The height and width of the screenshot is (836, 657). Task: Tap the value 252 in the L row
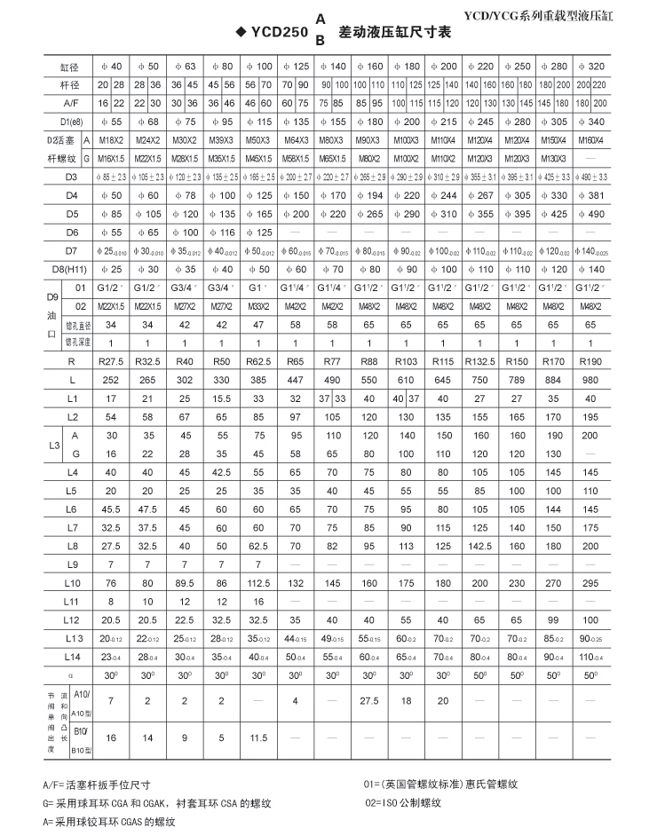click(x=111, y=380)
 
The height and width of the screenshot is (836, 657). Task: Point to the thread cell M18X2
click(x=111, y=140)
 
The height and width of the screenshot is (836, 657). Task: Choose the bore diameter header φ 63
click(x=185, y=67)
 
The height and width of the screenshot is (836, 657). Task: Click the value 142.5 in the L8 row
click(x=479, y=545)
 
